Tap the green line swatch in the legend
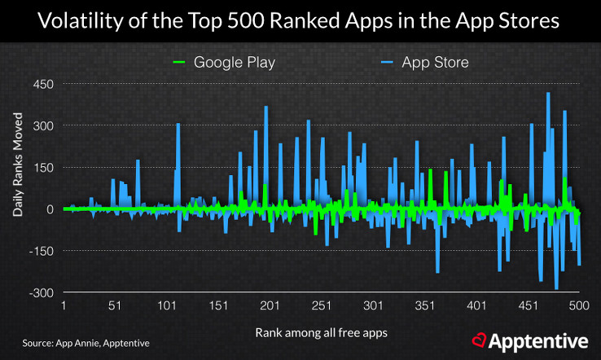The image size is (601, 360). point(180,63)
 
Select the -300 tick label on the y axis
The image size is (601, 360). point(41,292)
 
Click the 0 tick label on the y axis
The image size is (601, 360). point(50,209)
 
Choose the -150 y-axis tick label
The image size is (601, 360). point(41,251)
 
